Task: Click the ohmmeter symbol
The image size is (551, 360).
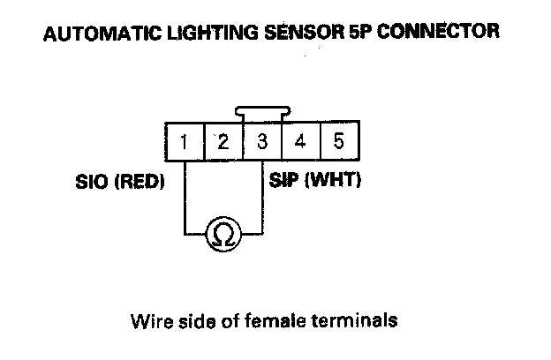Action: tap(223, 234)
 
